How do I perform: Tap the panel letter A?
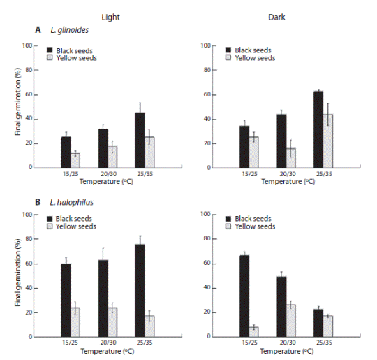click(x=38, y=31)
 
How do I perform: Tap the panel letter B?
click(x=38, y=202)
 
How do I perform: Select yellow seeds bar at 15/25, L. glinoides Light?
click(x=75, y=161)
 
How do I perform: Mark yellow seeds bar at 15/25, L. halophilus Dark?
click(x=253, y=332)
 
